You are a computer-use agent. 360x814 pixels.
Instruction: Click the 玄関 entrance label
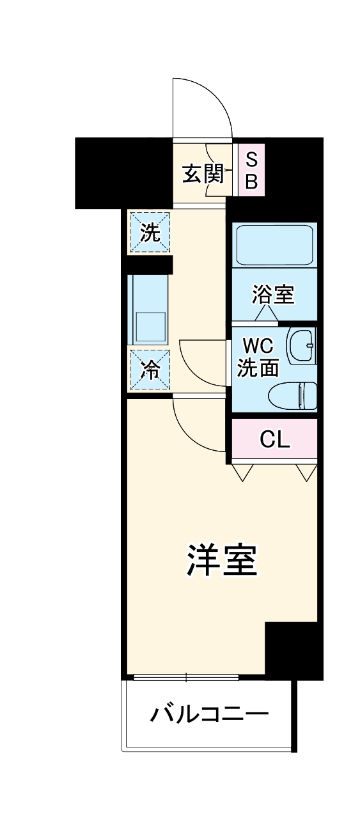click(202, 173)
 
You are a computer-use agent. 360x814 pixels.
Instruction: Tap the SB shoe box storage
click(251, 170)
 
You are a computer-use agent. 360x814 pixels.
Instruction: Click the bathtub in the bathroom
click(274, 246)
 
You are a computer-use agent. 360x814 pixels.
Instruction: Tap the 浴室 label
click(273, 294)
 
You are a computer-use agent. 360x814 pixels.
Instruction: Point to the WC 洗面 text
click(258, 358)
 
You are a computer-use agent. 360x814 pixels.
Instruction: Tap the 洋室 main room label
click(222, 560)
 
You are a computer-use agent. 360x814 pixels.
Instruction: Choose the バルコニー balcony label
click(208, 713)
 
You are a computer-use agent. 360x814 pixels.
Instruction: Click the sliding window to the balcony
click(186, 677)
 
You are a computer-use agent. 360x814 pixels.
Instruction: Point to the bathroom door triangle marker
click(265, 313)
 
